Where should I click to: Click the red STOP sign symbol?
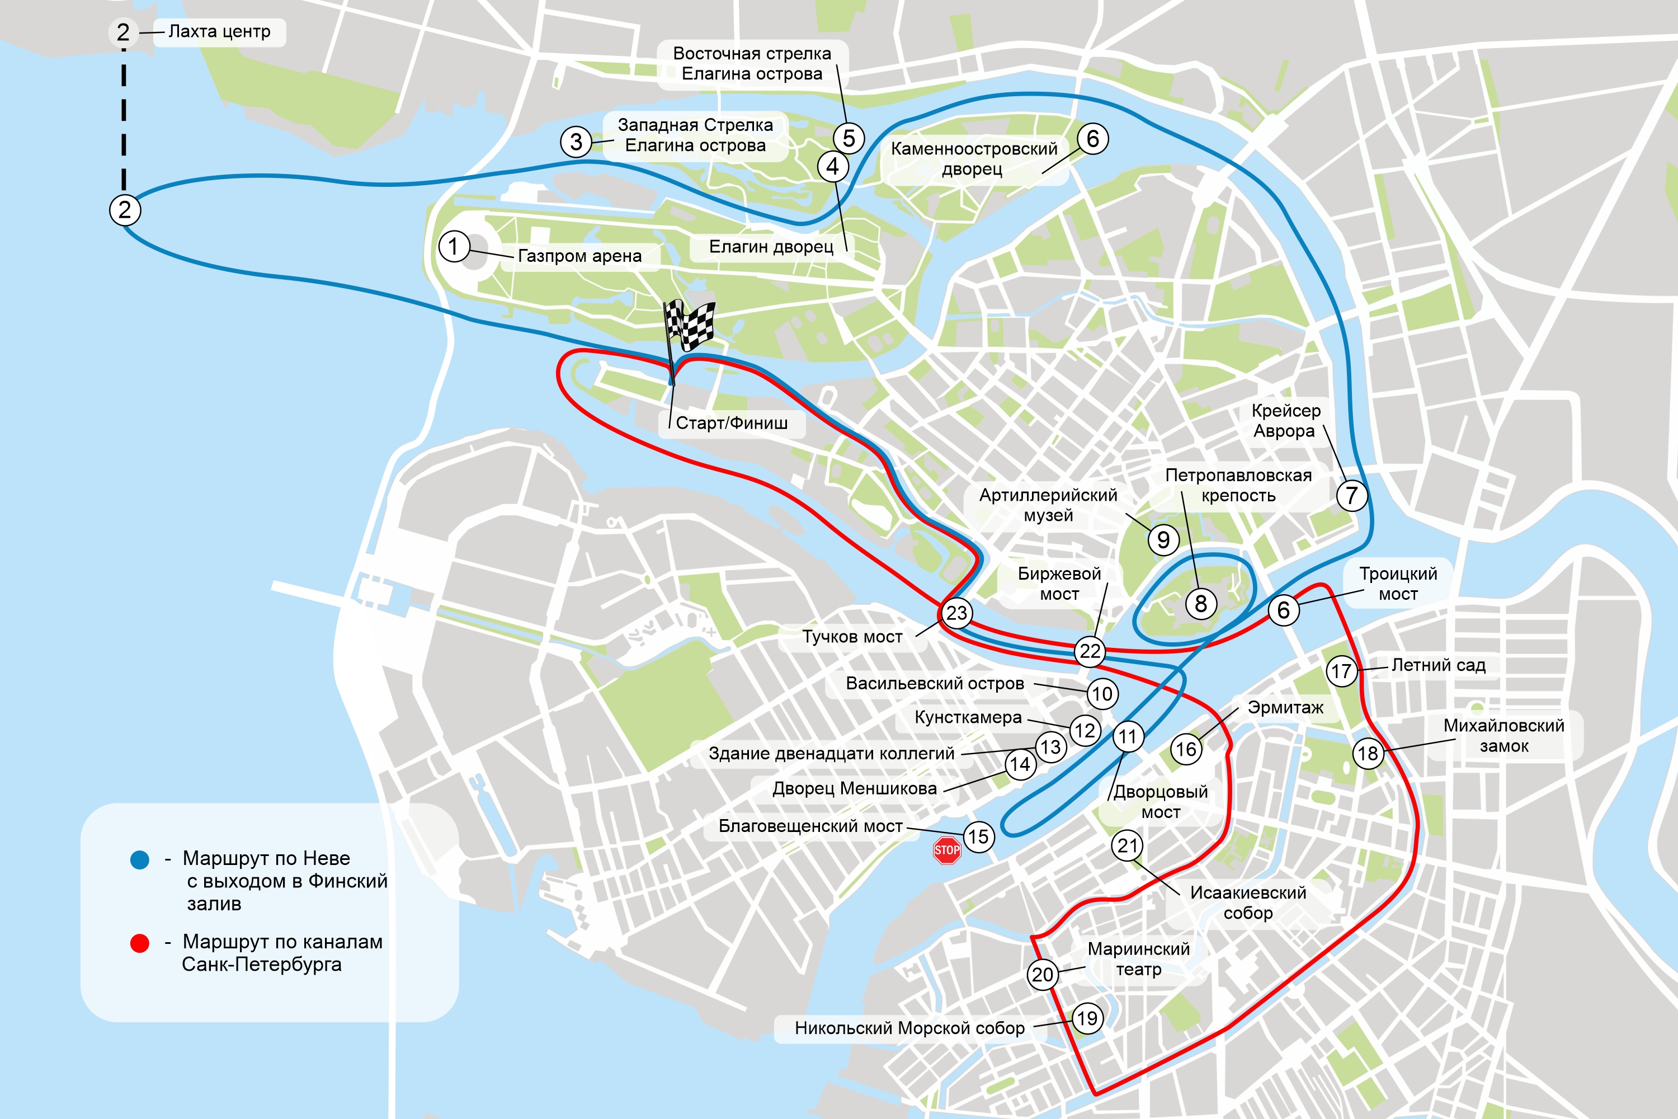[x=947, y=850]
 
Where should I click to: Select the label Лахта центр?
[x=219, y=32]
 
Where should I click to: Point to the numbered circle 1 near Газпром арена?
[x=453, y=247]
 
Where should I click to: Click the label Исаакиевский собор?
[x=1248, y=903]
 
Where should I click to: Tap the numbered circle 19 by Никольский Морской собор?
[x=1087, y=1018]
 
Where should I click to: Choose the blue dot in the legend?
[x=140, y=859]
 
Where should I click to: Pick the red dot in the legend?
[x=140, y=943]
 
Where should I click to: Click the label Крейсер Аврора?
[x=1285, y=420]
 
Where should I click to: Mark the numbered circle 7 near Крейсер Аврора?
[x=1351, y=495]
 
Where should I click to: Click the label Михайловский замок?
[x=1503, y=736]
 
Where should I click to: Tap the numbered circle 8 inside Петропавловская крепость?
[x=1201, y=604]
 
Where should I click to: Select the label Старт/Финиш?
[x=731, y=423]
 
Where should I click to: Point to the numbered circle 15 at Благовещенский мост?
[x=978, y=836]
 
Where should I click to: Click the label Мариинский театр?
[x=1139, y=959]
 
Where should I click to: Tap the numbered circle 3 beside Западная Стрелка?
[x=576, y=142]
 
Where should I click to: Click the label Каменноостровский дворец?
[x=973, y=158]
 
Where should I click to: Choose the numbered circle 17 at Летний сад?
[x=1341, y=671]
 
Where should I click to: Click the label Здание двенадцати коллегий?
[x=831, y=754]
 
